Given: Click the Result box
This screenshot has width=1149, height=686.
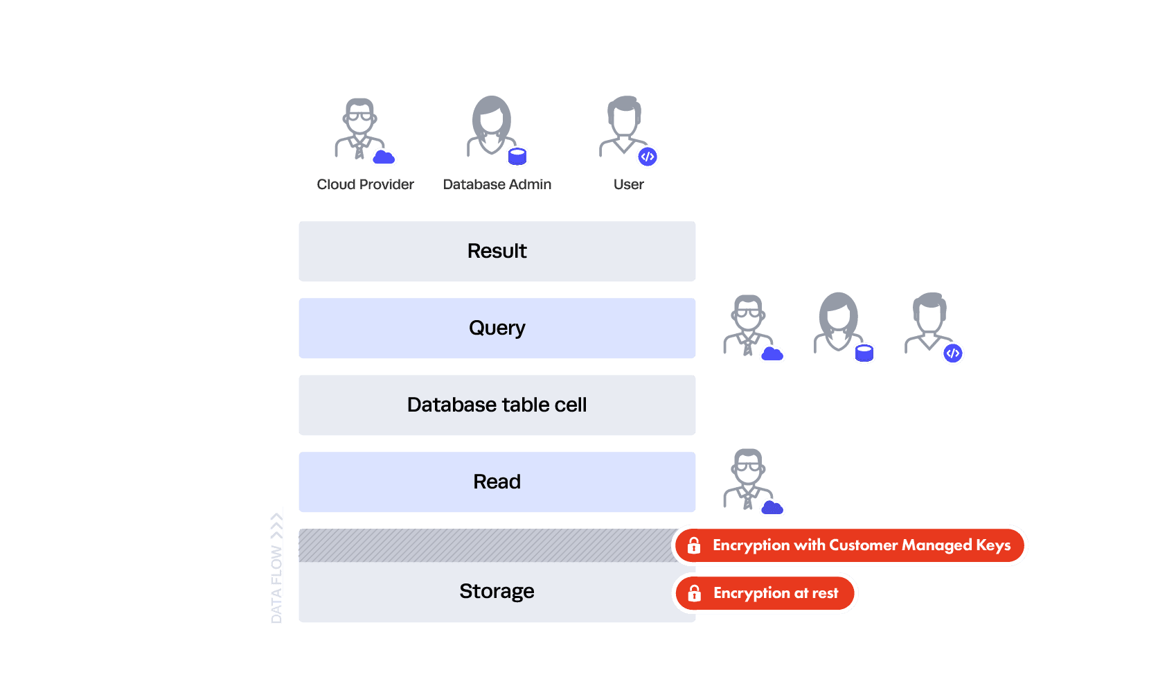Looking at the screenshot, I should (497, 251).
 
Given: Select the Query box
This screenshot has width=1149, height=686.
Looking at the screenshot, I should (497, 328).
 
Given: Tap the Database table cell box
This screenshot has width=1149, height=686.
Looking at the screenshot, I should (497, 405).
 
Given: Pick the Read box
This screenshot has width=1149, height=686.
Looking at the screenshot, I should (497, 482).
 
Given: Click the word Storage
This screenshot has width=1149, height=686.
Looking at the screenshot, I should (497, 591).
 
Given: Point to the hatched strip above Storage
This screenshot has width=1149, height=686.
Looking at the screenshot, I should (485, 545).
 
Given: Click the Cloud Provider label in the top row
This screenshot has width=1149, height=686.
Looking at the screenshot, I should (365, 184).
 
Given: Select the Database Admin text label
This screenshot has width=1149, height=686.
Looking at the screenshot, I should (497, 184).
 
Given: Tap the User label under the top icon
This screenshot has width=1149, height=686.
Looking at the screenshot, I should (628, 184).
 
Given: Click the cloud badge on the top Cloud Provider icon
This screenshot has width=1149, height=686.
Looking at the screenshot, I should (384, 158).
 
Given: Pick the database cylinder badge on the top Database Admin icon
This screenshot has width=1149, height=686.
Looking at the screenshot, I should (517, 157).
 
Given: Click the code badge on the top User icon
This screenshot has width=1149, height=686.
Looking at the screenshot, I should (648, 157).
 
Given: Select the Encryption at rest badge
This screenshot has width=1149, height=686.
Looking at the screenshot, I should (765, 593).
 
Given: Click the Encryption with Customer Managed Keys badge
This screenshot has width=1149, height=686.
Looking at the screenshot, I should (850, 545).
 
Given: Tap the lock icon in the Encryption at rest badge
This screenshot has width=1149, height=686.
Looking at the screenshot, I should (694, 593).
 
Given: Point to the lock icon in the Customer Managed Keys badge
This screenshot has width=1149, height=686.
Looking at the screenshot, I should (693, 545).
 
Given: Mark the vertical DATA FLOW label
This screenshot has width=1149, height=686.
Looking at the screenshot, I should (277, 565).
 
